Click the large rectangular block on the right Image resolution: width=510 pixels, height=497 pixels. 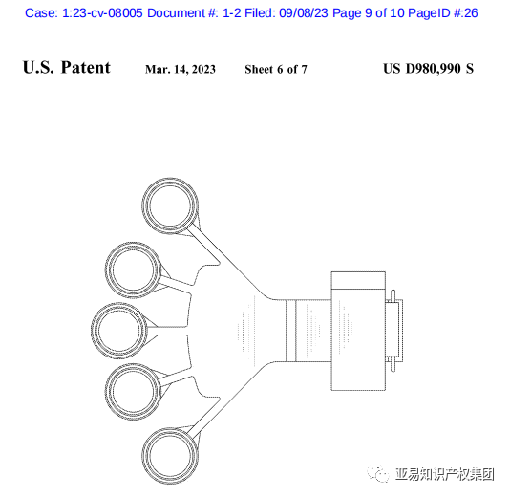(358, 331)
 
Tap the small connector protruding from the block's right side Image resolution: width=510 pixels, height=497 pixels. (394, 331)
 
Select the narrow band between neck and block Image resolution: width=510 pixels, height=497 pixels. (290, 331)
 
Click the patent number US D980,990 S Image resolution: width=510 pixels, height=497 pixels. (428, 69)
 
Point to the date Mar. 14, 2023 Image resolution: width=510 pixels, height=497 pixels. (181, 70)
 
